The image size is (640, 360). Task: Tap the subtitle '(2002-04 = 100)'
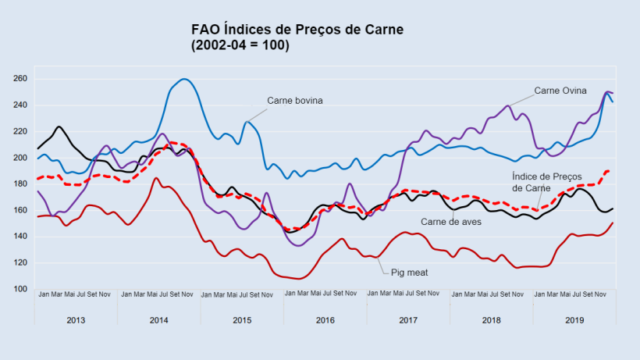click(x=240, y=46)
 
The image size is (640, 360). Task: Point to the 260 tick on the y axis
click(x=20, y=79)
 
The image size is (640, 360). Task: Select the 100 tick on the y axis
click(x=20, y=289)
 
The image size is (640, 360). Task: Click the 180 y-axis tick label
click(x=20, y=184)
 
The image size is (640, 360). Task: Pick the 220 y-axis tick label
click(x=20, y=131)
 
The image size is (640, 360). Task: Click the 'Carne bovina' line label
click(x=294, y=101)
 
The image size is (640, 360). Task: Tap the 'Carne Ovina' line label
click(x=561, y=90)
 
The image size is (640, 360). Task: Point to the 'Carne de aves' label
click(x=450, y=222)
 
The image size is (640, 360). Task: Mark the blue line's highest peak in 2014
click(x=184, y=79)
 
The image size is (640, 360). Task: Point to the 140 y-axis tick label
click(x=20, y=237)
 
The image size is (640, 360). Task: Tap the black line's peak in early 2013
click(x=59, y=127)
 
